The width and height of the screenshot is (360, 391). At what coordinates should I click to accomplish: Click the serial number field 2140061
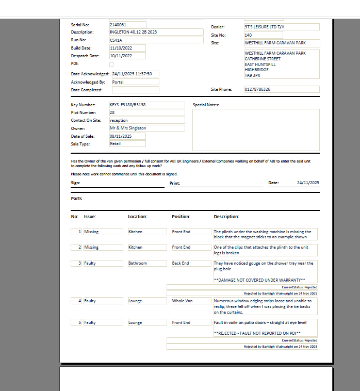pyautogui.click(x=127, y=24)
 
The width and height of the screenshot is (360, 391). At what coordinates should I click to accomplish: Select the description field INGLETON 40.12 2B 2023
pyautogui.click(x=156, y=32)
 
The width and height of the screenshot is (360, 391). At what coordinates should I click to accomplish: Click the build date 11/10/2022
pyautogui.click(x=127, y=48)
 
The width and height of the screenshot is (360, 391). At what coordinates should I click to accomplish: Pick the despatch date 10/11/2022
pyautogui.click(x=127, y=56)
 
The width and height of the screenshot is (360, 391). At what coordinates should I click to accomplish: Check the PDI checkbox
pyautogui.click(x=112, y=64)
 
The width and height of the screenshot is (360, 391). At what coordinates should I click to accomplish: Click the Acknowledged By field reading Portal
pyautogui.click(x=135, y=82)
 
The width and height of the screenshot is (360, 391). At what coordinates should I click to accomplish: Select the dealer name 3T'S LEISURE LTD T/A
pyautogui.click(x=281, y=27)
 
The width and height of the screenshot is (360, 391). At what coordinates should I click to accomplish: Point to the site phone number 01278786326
pyautogui.click(x=281, y=89)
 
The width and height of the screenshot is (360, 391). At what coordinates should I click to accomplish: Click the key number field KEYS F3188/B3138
pyautogui.click(x=146, y=105)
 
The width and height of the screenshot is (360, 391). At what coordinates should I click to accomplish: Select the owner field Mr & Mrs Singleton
pyautogui.click(x=146, y=128)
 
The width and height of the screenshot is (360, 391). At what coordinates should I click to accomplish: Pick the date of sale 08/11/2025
pyautogui.click(x=127, y=136)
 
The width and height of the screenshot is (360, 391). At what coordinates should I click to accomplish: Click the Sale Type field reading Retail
pyautogui.click(x=127, y=144)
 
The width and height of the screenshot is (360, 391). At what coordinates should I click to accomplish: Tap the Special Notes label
pyautogui.click(x=206, y=105)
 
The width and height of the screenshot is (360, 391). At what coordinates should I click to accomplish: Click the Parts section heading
pyautogui.click(x=76, y=199)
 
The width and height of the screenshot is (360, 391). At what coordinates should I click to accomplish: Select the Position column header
pyautogui.click(x=181, y=217)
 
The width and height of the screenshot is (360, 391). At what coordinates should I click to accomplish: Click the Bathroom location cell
pyautogui.click(x=147, y=263)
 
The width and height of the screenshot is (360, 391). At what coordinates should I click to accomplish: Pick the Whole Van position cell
pyautogui.click(x=191, y=301)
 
